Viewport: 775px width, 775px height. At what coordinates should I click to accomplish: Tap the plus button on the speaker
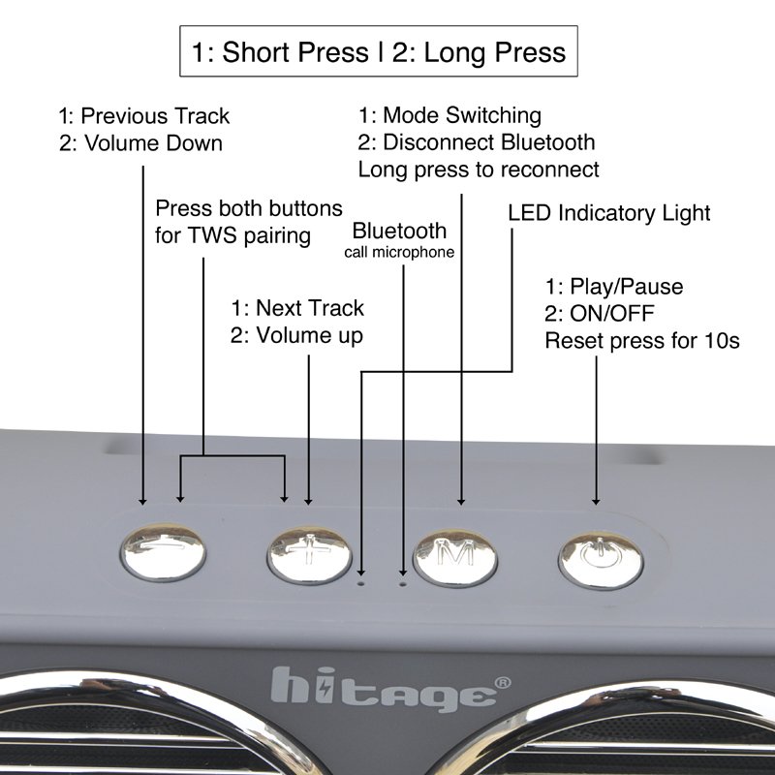tap(309, 554)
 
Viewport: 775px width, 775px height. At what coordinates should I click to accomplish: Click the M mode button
tap(455, 558)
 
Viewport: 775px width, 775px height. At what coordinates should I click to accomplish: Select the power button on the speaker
tap(601, 561)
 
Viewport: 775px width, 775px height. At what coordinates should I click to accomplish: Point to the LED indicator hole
tap(361, 584)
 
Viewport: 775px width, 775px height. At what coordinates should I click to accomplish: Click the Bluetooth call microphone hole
tap(403, 584)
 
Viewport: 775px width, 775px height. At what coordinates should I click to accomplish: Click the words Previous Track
tap(155, 116)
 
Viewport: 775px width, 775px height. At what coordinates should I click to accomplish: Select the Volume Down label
tap(153, 143)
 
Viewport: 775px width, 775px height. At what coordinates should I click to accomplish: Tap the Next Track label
tap(310, 308)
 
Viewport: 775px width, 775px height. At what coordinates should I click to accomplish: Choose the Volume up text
tap(309, 335)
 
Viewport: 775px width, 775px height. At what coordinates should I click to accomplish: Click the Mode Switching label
tap(462, 115)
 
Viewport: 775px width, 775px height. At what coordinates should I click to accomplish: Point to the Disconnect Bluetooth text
tap(489, 142)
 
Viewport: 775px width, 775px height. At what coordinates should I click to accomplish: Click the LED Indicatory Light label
tap(609, 213)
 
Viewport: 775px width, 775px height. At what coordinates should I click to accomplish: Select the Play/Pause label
tap(626, 287)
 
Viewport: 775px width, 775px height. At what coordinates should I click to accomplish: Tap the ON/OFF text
tap(612, 313)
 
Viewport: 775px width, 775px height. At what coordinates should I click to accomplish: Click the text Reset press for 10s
tap(642, 341)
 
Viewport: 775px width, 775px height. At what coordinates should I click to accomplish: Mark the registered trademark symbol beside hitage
tap(503, 683)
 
